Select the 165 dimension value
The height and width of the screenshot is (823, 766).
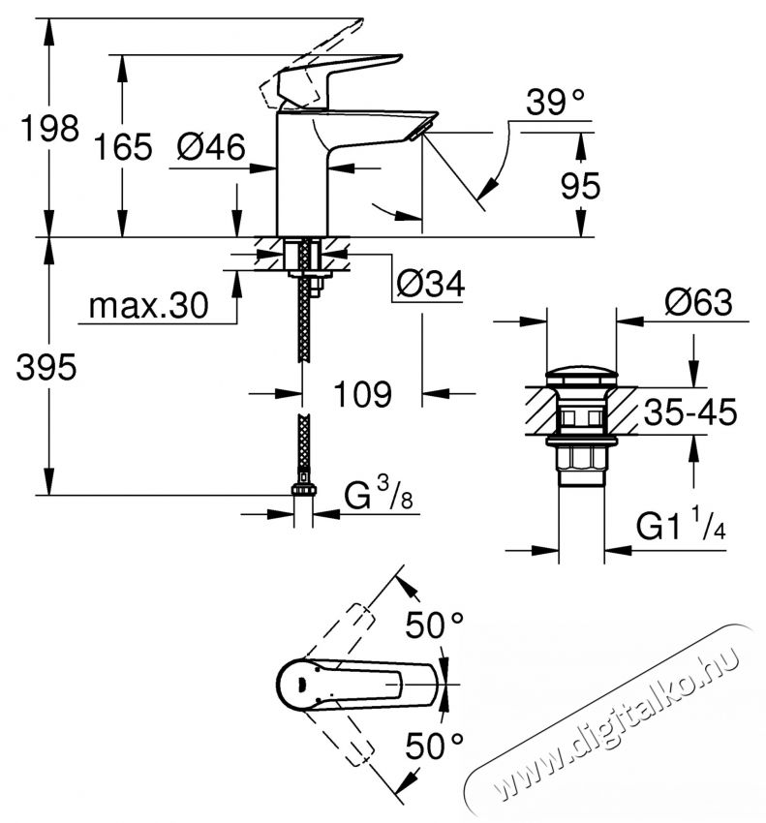click(124, 147)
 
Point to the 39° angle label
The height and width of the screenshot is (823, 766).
click(557, 100)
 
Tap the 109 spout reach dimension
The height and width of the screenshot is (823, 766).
click(361, 394)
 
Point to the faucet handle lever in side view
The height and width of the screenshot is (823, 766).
click(339, 74)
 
